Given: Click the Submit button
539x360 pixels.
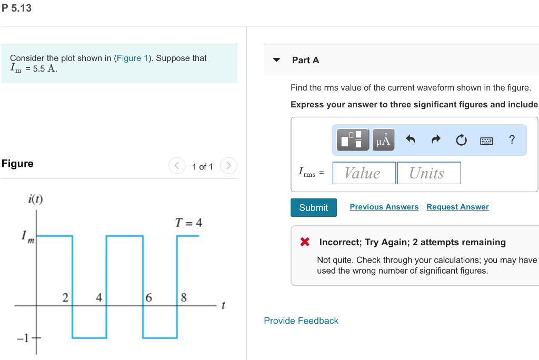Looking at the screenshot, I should pos(313,207).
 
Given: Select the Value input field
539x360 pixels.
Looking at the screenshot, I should pos(364,173).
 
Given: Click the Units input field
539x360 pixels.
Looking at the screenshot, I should pos(428,173).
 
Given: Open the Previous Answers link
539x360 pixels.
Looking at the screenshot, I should pos(384,207).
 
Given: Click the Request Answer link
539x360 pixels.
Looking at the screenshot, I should pos(457,207).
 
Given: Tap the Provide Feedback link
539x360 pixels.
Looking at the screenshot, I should pos(301,321).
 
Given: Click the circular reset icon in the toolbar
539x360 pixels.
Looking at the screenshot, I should pos(461,140).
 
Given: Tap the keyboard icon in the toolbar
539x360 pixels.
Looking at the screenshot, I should pos(486,141).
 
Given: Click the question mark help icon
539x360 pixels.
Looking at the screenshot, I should pos(512,139).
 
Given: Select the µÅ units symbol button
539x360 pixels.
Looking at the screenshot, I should pos(383,140).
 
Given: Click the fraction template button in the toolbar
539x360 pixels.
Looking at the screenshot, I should pos(351,140).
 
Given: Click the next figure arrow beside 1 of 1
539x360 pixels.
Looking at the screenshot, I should pos(228,166).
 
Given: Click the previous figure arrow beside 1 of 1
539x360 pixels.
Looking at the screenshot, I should pos(177,166).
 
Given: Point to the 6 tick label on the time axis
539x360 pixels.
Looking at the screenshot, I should pos(149,297).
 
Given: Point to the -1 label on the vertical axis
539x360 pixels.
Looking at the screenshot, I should pos(22,337).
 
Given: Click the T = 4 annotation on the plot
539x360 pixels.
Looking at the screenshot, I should pos(188,223).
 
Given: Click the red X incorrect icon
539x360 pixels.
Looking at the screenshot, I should pos(305,242).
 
